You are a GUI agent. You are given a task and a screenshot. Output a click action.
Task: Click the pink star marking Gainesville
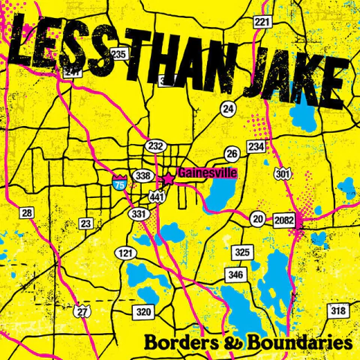tap(169, 179)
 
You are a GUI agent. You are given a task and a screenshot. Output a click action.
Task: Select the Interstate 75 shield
tap(119, 181)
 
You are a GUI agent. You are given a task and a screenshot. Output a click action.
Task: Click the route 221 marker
tap(261, 22)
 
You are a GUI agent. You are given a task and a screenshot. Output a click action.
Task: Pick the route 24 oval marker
tap(229, 109)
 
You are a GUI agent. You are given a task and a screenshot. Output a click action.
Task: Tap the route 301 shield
tap(282, 175)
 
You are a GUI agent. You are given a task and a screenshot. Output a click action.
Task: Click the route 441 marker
tap(157, 196)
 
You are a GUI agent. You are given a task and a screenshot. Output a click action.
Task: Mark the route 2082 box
tap(285, 219)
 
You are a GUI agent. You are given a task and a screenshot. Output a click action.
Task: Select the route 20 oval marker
tap(258, 219)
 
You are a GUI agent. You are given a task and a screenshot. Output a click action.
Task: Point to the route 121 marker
tap(124, 253)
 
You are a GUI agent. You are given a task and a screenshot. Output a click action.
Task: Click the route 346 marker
tap(235, 276)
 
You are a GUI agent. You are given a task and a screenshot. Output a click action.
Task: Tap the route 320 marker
tap(143, 310)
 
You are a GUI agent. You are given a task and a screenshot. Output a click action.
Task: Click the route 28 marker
tap(27, 214)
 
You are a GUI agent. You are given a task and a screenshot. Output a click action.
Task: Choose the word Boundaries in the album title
tap(304, 342)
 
